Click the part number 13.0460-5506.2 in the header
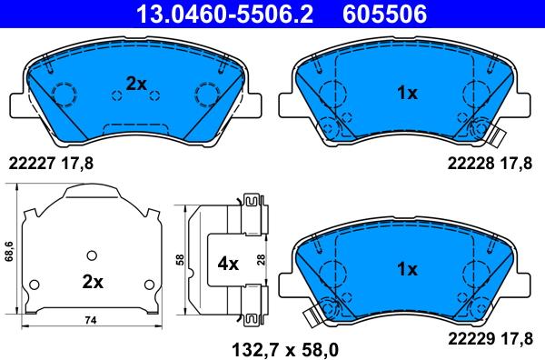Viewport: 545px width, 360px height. coord(225,14)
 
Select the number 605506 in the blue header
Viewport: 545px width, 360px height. coord(385,14)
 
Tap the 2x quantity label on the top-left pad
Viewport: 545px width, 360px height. coord(136,84)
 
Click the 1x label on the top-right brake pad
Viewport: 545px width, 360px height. coord(407,93)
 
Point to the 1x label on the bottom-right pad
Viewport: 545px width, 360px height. coord(407,269)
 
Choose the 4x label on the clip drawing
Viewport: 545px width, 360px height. coord(228,264)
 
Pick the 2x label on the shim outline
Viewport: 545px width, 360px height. coord(93,282)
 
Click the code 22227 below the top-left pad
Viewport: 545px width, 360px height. coord(32,163)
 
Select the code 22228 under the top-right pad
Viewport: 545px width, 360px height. coord(471,163)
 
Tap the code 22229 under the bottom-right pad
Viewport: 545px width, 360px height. coord(471,338)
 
